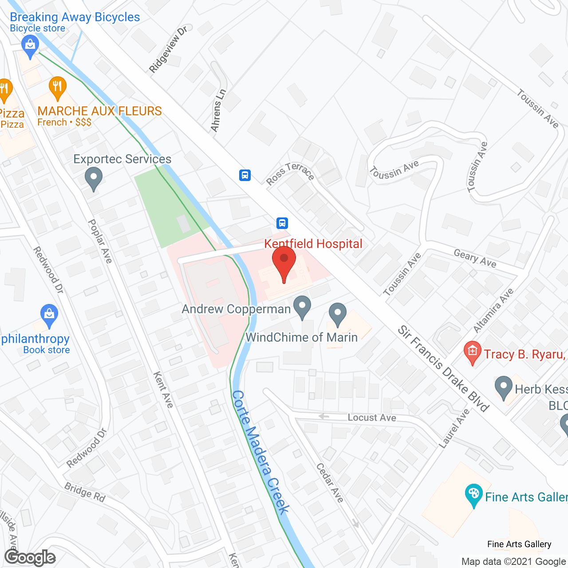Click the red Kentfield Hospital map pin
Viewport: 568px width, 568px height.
coord(284,261)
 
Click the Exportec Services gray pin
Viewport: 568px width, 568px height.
coord(93,178)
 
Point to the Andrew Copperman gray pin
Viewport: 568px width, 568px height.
coord(302,307)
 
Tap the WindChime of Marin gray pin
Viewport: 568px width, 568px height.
coord(338,314)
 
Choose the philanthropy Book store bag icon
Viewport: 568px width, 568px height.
coord(49,316)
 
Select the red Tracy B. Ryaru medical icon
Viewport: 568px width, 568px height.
coord(473,353)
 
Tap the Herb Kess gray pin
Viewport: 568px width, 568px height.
coord(503,387)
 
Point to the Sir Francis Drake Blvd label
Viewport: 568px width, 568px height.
coord(444,368)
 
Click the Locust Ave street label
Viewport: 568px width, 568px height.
coord(372,418)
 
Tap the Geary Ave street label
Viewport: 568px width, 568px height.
coord(475,258)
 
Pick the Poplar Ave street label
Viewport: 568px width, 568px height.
coord(100,241)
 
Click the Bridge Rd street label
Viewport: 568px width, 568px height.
coord(85,493)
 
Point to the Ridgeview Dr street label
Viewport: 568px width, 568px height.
coord(168,49)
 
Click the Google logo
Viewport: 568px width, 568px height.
coord(30,557)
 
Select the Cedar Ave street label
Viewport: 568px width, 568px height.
coord(330,483)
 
